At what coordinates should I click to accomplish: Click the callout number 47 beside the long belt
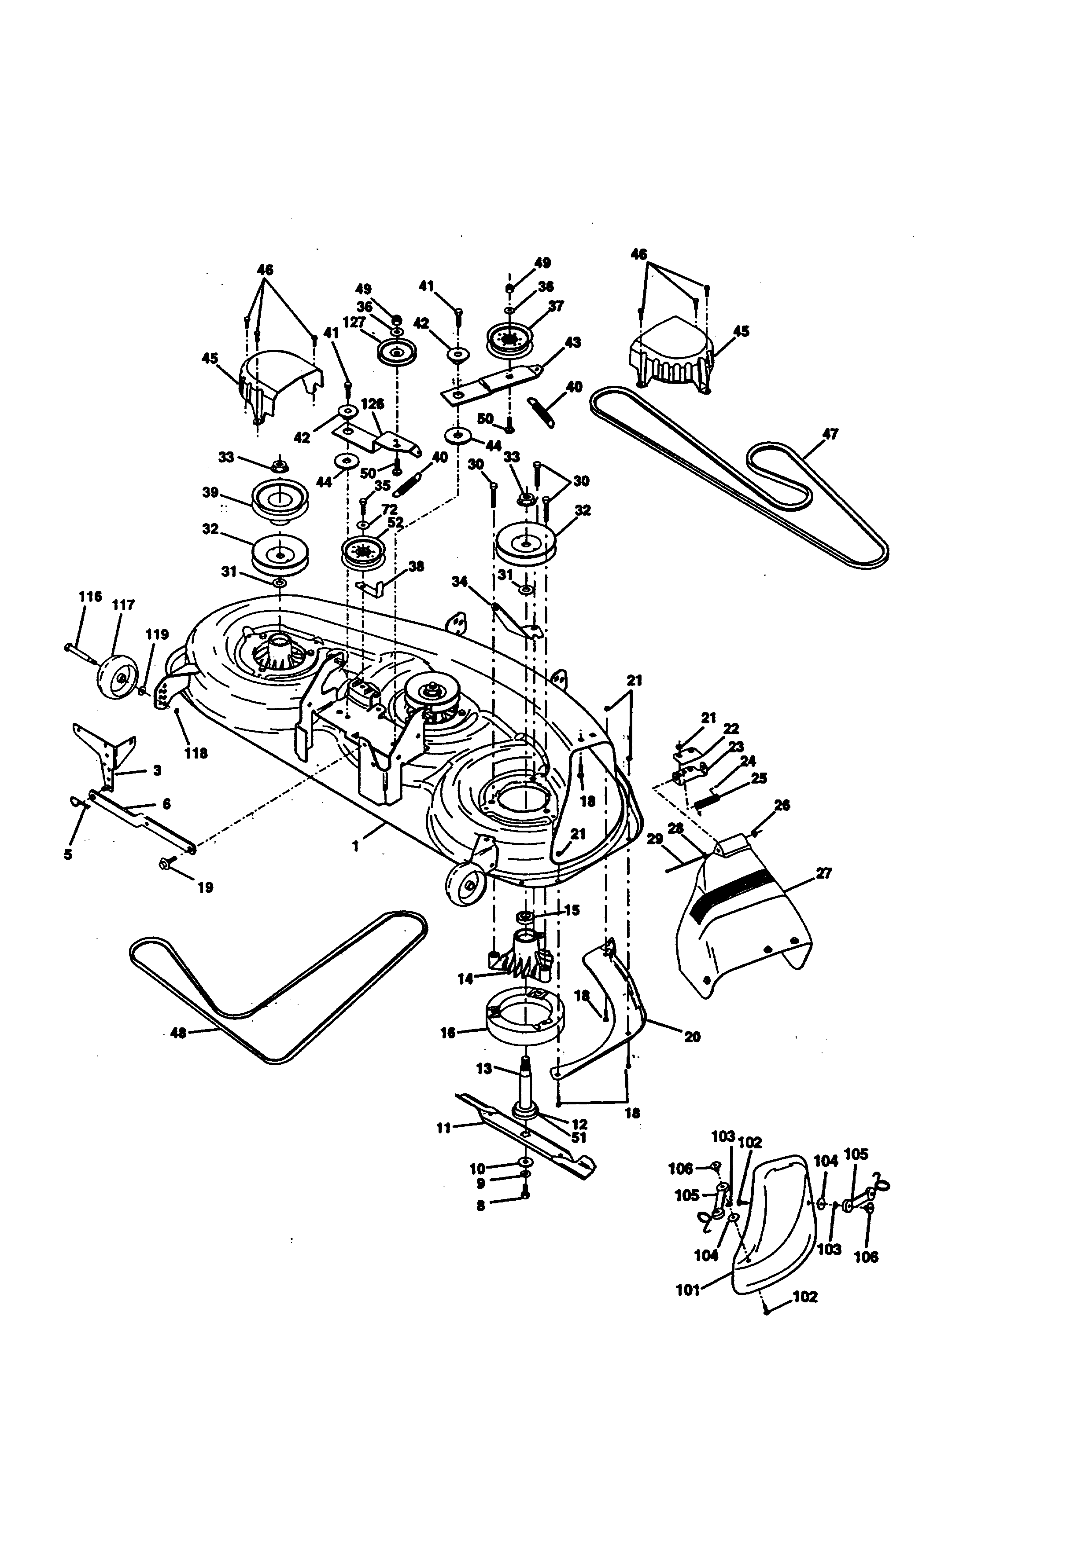(x=830, y=434)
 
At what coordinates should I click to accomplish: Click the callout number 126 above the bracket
(x=372, y=404)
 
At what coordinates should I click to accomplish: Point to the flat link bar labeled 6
(x=141, y=820)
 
